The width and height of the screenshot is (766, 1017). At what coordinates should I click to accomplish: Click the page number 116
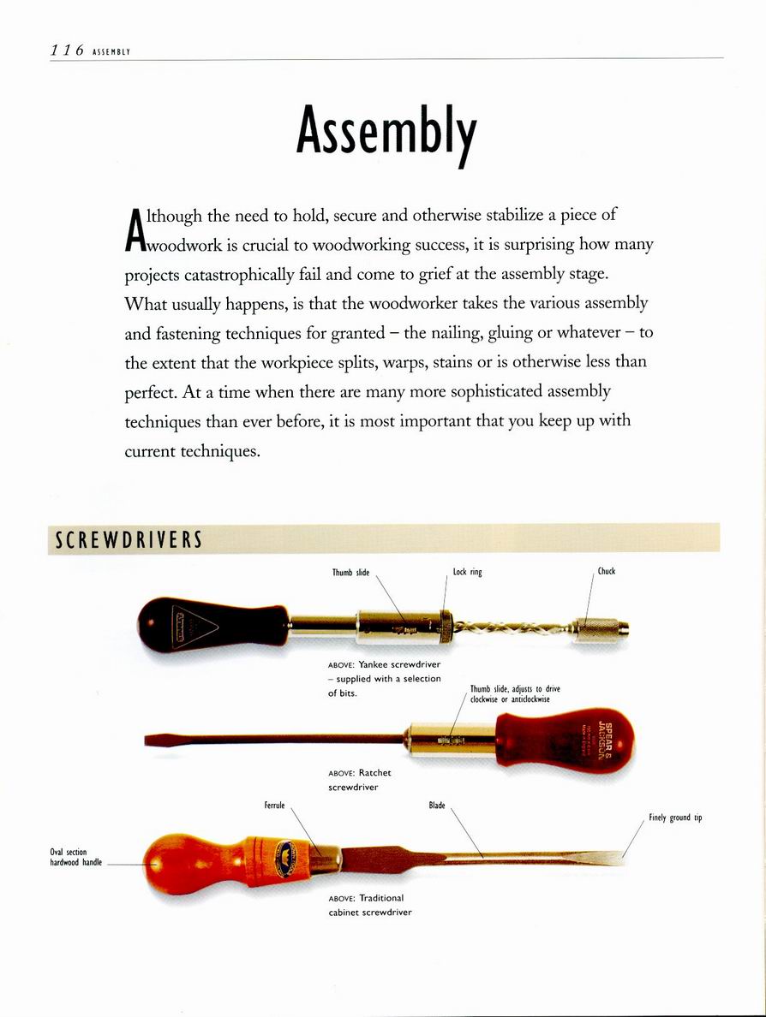pos(65,50)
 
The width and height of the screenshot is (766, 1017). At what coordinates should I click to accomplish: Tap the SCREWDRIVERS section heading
pos(129,540)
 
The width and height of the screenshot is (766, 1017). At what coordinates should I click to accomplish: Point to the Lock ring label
pos(467,572)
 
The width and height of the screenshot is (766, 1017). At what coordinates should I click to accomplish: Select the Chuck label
pos(607,571)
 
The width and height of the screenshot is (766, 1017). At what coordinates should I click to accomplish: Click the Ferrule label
pos(274,806)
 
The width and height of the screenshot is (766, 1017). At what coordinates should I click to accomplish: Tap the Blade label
pos(437,806)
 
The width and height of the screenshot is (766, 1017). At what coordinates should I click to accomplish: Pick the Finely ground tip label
pos(675,818)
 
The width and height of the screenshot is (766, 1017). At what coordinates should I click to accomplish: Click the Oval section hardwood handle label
pos(75,857)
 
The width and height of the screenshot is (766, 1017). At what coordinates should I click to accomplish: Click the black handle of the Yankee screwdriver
pos(214,622)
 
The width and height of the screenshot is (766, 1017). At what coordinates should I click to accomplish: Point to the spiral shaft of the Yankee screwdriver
pos(512,629)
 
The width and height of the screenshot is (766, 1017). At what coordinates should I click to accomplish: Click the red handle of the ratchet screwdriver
pos(566,736)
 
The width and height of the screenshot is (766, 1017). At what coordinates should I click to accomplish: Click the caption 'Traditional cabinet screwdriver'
pos(370,905)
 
